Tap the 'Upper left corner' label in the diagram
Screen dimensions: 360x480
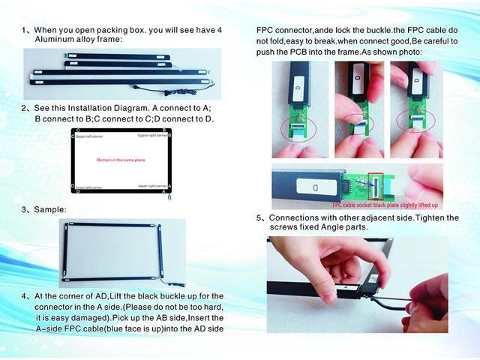pyautogui.click(x=89, y=136)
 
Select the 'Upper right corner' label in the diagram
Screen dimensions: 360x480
pyautogui.click(x=151, y=136)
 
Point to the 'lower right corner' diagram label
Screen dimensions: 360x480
pyautogui.click(x=152, y=184)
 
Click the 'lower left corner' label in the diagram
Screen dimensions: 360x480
pyautogui.click(x=89, y=187)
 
